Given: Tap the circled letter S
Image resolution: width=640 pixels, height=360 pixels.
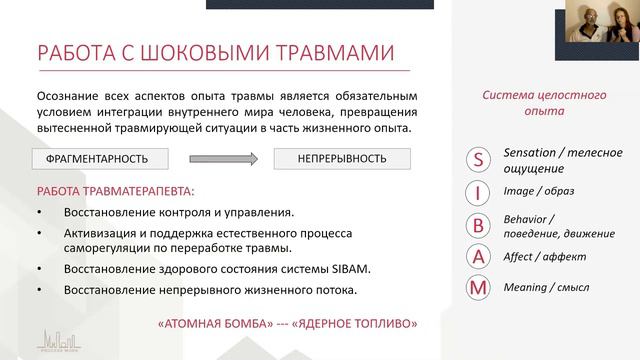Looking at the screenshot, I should [480, 159].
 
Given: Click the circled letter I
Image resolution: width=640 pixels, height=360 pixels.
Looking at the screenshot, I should [480, 191].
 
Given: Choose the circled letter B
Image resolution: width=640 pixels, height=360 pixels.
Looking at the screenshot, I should [480, 224].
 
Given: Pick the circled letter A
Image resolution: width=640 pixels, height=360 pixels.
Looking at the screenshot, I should [480, 257].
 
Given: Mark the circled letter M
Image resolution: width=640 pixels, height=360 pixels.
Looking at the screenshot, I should [480, 288].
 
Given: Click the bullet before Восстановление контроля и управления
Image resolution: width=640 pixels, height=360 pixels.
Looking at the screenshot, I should [38, 212].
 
